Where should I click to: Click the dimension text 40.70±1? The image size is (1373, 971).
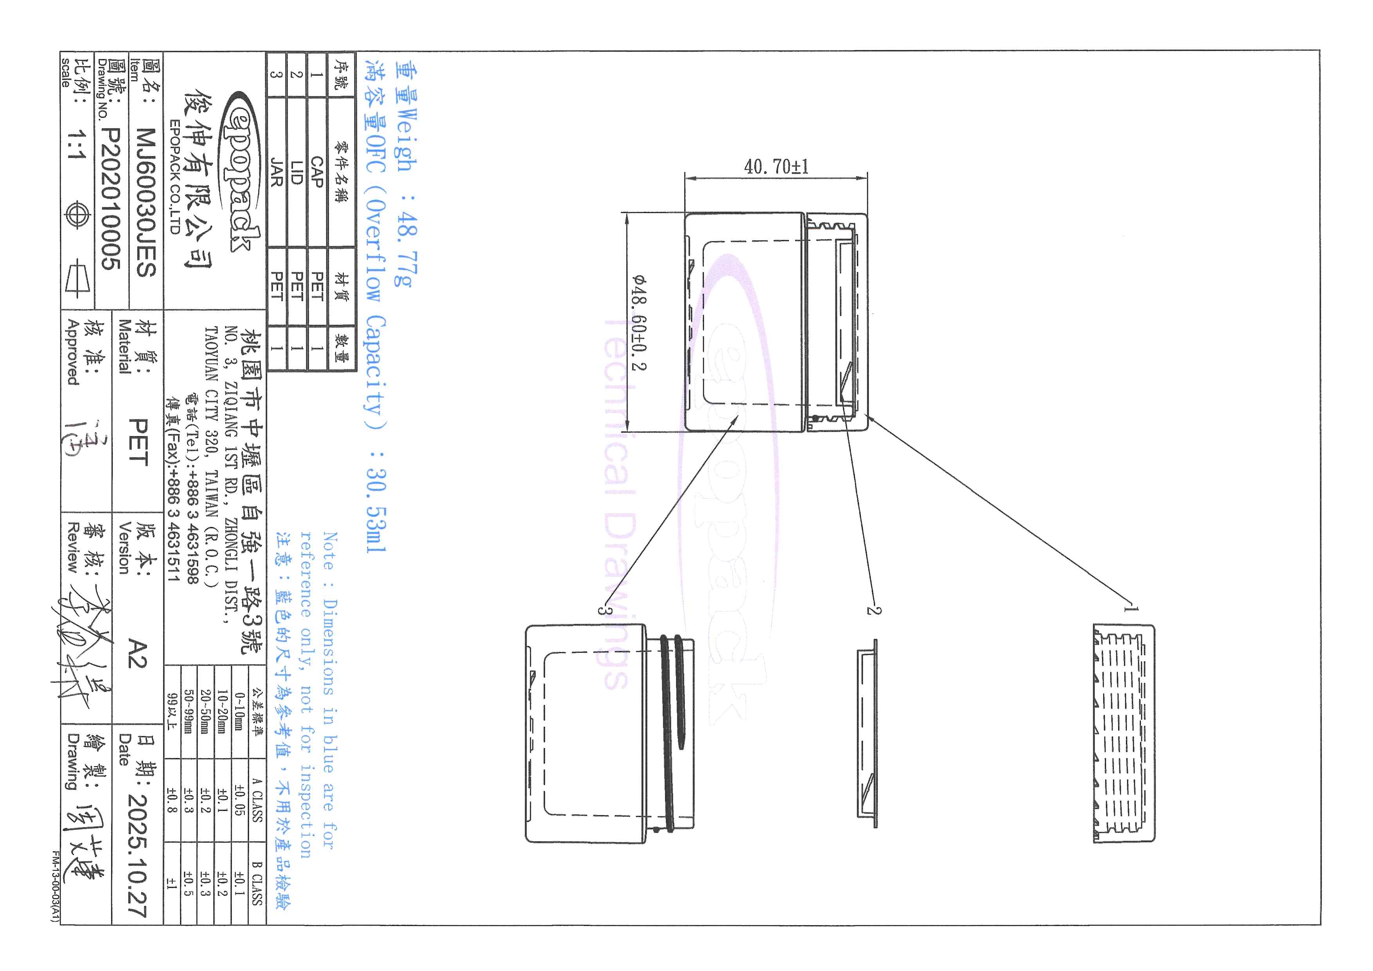tap(776, 167)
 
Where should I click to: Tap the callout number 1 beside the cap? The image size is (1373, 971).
tap(1129, 609)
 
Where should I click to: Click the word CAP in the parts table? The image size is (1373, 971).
tap(317, 172)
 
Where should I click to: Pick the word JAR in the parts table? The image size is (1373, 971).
tap(276, 172)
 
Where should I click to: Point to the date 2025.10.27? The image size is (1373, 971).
tap(137, 855)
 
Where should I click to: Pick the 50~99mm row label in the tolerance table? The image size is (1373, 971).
tap(189, 711)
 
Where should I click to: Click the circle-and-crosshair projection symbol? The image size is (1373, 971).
tap(77, 215)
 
